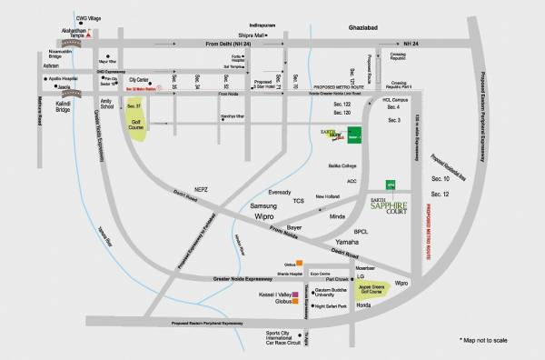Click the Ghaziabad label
[x=376, y=28]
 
